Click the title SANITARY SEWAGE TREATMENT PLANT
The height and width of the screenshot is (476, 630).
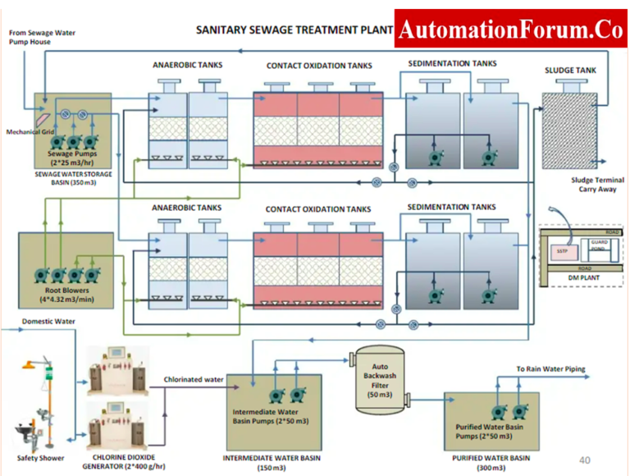[288, 30]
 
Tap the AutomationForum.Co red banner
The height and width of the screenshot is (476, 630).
[510, 30]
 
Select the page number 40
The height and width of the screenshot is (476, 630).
[584, 460]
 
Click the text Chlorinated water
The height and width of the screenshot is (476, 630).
[194, 379]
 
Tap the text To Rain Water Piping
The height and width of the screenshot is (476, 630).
[550, 369]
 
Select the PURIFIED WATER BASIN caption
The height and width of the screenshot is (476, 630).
[491, 457]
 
